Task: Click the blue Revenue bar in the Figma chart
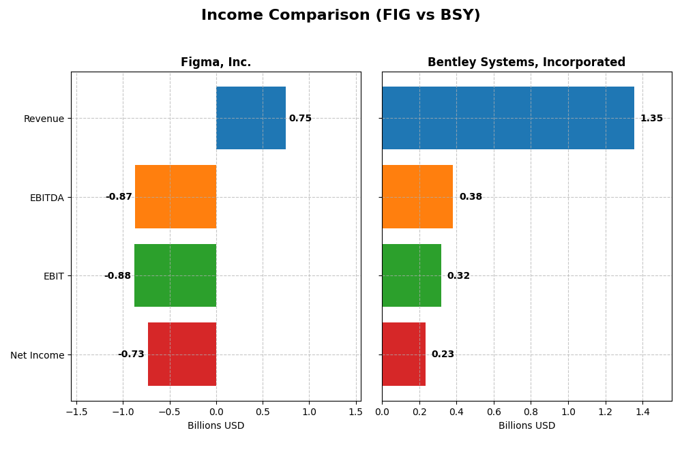click(x=250, y=118)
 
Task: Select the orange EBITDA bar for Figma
click(x=175, y=196)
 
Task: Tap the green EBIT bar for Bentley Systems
click(x=411, y=275)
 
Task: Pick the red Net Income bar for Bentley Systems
click(x=403, y=354)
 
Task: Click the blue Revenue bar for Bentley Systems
click(x=507, y=118)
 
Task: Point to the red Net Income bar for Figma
click(x=182, y=354)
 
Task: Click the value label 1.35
click(x=651, y=119)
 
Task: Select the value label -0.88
click(x=117, y=276)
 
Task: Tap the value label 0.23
click(x=443, y=354)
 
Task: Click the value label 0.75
click(x=300, y=119)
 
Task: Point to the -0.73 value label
click(x=131, y=354)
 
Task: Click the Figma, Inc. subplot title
click(x=216, y=63)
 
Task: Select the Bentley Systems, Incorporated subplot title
click(x=526, y=63)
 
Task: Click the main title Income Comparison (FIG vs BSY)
click(x=340, y=15)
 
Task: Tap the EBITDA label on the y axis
click(x=46, y=198)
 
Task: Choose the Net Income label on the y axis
click(x=37, y=355)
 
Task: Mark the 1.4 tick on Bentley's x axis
click(x=642, y=412)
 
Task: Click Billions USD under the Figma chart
click(x=216, y=426)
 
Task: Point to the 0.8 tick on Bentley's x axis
click(x=531, y=412)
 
